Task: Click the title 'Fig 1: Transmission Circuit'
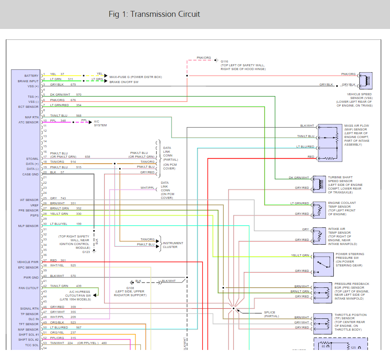click(154, 14)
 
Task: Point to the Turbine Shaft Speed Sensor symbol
click(320, 183)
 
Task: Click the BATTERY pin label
click(31, 76)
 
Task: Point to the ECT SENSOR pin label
click(29, 107)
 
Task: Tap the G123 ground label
click(86, 252)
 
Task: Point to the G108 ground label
click(131, 287)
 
